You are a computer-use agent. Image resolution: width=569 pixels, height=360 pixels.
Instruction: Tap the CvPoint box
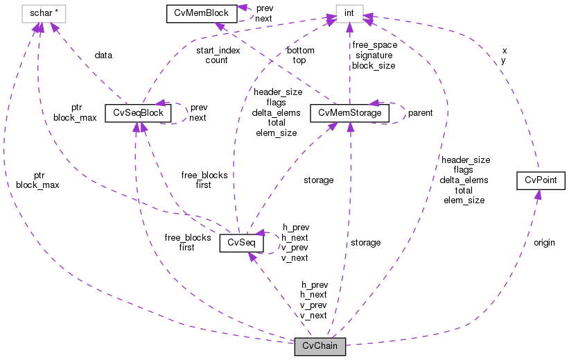pyautogui.click(x=541, y=180)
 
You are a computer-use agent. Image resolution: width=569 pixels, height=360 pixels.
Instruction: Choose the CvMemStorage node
pyautogui.click(x=349, y=112)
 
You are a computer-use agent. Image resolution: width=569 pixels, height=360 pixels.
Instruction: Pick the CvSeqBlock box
pyautogui.click(x=138, y=112)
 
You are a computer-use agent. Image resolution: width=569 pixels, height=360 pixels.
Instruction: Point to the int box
pyautogui.click(x=349, y=13)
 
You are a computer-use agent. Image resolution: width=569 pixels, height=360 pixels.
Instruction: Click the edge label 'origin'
pyautogui.click(x=544, y=243)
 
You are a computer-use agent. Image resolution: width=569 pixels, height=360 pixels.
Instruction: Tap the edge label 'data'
pyautogui.click(x=104, y=55)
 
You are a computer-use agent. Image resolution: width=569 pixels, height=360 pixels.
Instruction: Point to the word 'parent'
pyautogui.click(x=420, y=112)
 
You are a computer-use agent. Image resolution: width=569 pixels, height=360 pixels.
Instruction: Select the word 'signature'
pyautogui.click(x=373, y=55)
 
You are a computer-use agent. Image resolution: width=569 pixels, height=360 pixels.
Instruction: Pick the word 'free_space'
pyautogui.click(x=374, y=45)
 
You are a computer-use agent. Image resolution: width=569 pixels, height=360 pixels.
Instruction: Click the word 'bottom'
pyautogui.click(x=299, y=51)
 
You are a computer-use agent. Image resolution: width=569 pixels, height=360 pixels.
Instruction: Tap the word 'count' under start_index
pyautogui.click(x=216, y=60)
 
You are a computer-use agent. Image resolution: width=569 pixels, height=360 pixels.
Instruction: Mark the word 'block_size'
pyautogui.click(x=374, y=66)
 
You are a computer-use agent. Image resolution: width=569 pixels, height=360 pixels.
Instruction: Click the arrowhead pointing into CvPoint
pyautogui.click(x=537, y=194)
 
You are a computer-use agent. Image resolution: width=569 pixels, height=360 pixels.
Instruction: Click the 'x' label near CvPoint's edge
pyautogui.click(x=504, y=51)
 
